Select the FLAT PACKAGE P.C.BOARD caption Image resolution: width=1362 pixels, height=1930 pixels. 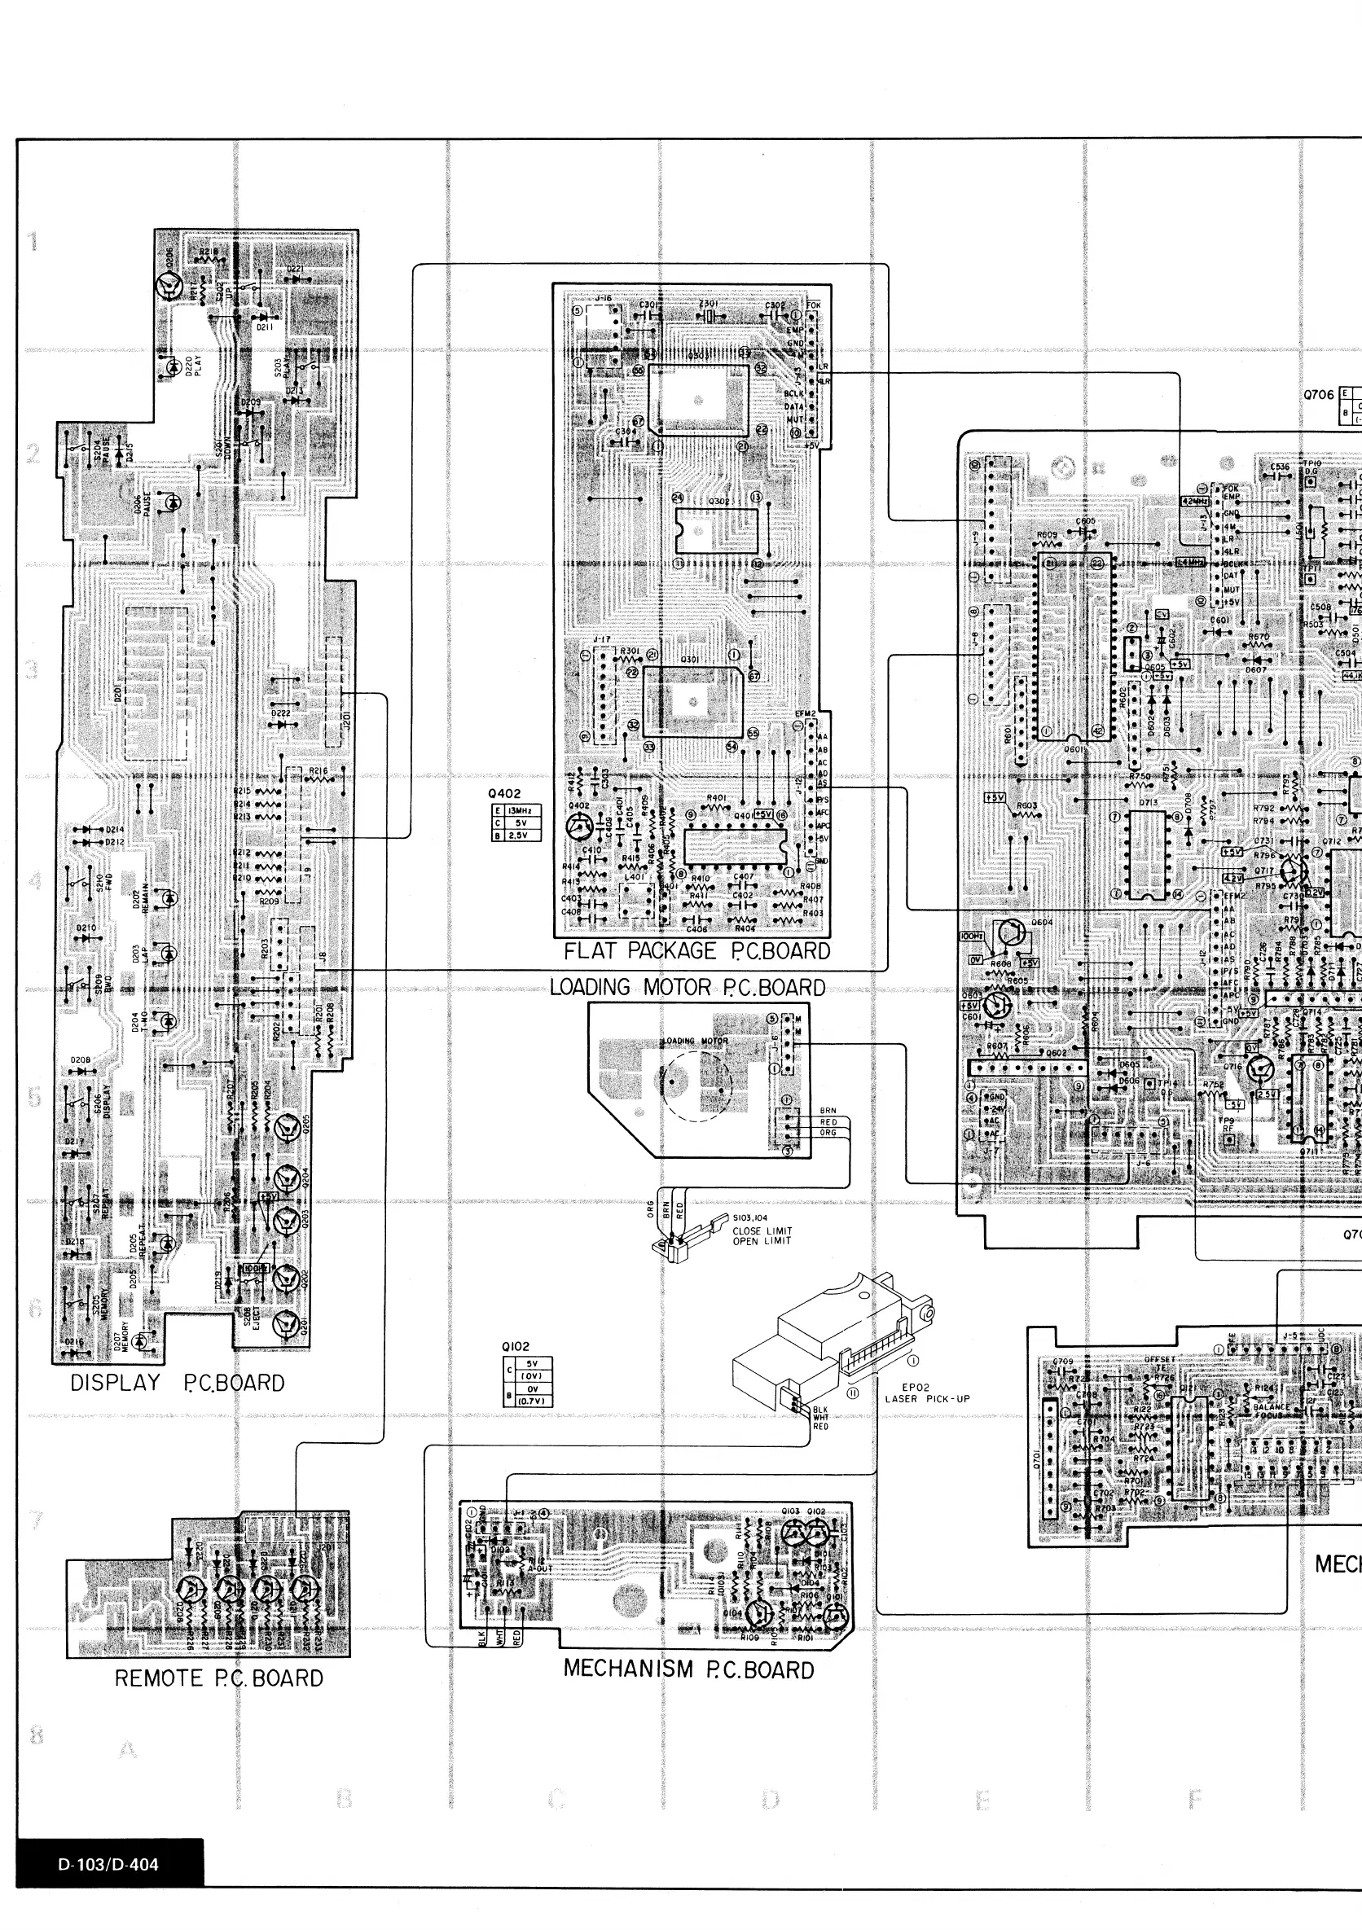click(x=696, y=950)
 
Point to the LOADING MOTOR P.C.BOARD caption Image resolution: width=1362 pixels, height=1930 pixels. click(x=687, y=987)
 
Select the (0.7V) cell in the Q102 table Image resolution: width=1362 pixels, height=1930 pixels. click(x=531, y=1401)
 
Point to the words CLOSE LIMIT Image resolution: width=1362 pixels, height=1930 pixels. click(x=762, y=1230)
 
